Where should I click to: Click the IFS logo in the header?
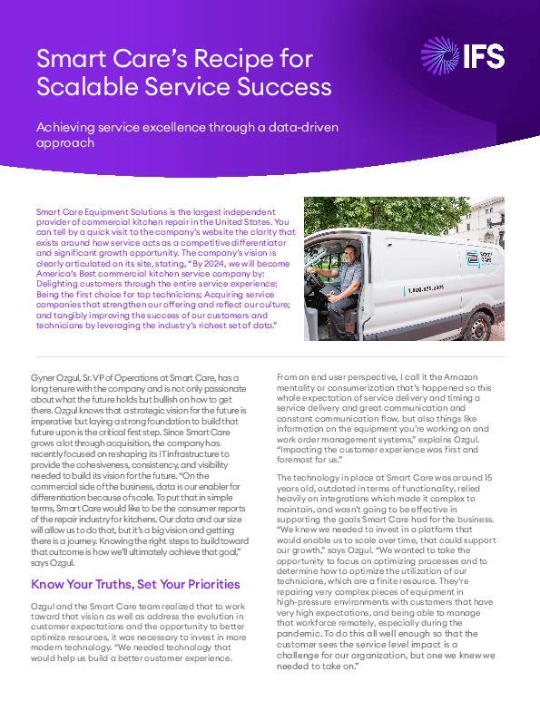click(464, 56)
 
